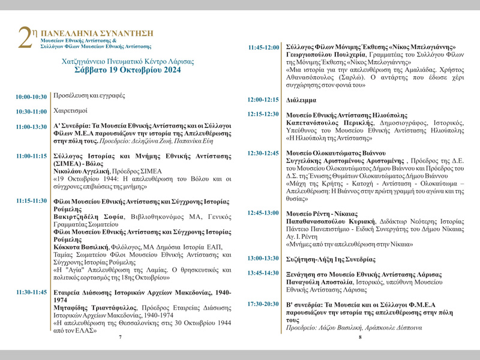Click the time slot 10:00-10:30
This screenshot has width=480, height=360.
tap(31, 97)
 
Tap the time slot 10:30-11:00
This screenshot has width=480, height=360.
tap(31, 112)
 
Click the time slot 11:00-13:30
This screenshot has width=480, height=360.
tap(31, 127)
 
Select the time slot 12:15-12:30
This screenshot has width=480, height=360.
tap(263, 114)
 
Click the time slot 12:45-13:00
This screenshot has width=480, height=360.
tap(263, 213)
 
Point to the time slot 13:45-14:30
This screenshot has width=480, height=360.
tap(263, 273)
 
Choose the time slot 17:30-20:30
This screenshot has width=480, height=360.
tap(263, 304)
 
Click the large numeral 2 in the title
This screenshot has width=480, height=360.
tap(25, 40)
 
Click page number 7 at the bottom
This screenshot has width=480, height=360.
tap(120, 337)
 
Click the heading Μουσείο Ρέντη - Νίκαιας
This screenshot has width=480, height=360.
tap(322, 214)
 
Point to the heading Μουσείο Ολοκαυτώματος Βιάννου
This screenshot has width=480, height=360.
tap(336, 153)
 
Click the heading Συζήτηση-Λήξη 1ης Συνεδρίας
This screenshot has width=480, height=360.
tap(331, 259)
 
